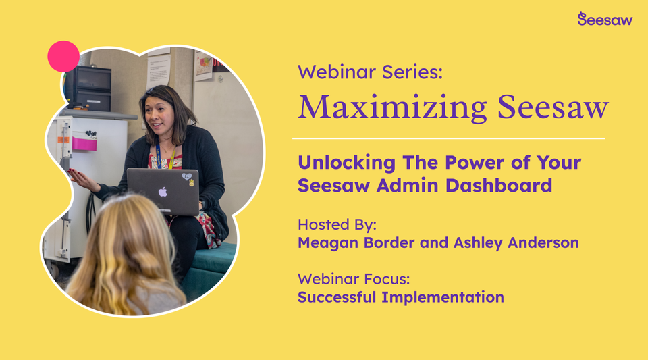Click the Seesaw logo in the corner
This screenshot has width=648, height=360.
pyautogui.click(x=605, y=19)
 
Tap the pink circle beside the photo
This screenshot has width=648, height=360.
pyautogui.click(x=63, y=56)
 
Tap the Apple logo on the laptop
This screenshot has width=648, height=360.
pyautogui.click(x=163, y=192)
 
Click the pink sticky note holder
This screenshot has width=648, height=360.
pyautogui.click(x=84, y=143)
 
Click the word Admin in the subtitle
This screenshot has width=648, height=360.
pyautogui.click(x=423, y=185)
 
